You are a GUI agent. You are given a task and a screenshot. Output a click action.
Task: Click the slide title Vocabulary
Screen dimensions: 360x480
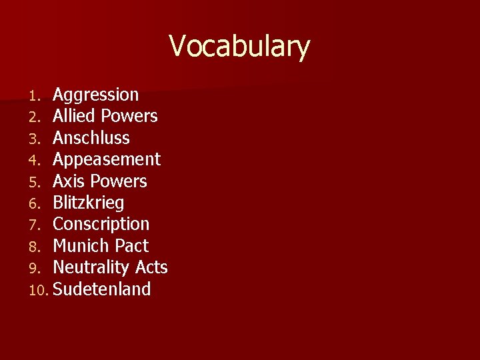coord(239,47)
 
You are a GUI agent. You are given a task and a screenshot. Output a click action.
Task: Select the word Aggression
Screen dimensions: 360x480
coord(95,95)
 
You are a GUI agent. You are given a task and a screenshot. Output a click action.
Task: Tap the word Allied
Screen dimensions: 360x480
coord(75,117)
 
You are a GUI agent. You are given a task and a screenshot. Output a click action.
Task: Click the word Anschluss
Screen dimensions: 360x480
coord(91,138)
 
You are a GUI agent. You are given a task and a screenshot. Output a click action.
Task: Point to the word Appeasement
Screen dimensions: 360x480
coord(106,160)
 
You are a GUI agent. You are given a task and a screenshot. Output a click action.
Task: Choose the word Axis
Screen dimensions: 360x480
coord(69,181)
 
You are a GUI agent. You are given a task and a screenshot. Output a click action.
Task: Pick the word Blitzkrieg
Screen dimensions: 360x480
coord(88,203)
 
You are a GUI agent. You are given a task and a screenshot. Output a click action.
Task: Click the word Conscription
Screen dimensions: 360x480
coord(101,224)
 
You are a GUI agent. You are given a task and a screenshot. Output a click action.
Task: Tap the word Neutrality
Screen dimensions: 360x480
coord(91,267)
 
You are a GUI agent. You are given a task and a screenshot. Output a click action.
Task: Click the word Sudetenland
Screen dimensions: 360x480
coord(101,289)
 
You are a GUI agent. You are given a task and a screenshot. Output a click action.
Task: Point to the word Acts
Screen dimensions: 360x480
coord(151,267)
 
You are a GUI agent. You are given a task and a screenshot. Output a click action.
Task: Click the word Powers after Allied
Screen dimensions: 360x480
coord(129,117)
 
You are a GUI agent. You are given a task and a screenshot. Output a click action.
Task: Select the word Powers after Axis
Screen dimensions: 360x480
coord(119,181)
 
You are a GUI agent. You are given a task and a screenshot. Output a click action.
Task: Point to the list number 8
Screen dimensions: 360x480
coord(36,247)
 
